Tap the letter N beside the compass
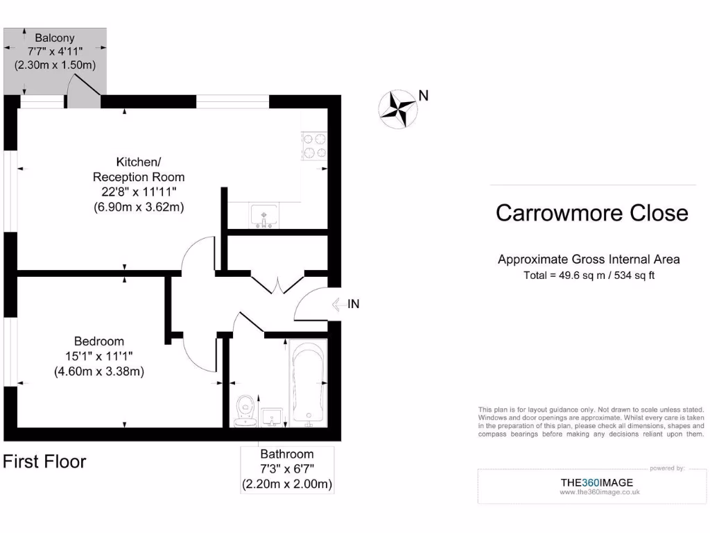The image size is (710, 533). tap(423, 96)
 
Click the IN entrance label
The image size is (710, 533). tap(353, 303)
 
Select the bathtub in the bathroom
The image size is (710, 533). tap(307, 384)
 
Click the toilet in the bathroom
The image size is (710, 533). tap(243, 410)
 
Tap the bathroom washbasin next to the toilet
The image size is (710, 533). tap(270, 417)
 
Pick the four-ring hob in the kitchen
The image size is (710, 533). tap(314, 146)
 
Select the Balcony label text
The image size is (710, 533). tap(55, 38)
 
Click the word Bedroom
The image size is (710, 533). tap(99, 341)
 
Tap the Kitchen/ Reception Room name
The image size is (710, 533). tap(139, 169)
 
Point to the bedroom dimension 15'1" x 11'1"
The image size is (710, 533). tap(99, 356)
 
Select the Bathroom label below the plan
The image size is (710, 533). tap(287, 455)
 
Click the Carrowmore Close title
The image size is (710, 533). tap(592, 213)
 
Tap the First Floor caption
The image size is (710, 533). tap(44, 462)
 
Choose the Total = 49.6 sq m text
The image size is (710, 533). tap(589, 275)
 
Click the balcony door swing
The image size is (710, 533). tap(83, 89)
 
